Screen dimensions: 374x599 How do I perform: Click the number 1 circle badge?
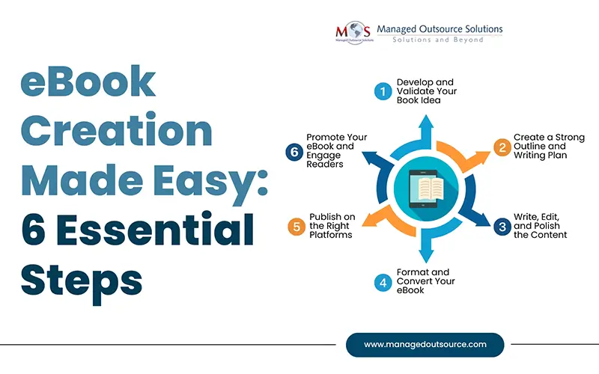pyautogui.click(x=383, y=91)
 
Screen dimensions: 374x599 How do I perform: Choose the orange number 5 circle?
pyautogui.click(x=297, y=225)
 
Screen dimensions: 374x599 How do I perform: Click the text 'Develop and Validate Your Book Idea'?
pyautogui.click(x=425, y=91)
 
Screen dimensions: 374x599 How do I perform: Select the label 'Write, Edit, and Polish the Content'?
pyautogui.click(x=540, y=225)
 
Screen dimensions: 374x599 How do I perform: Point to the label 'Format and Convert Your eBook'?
pyautogui.click(x=425, y=281)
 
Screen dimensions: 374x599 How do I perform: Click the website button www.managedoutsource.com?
pyautogui.click(x=425, y=345)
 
